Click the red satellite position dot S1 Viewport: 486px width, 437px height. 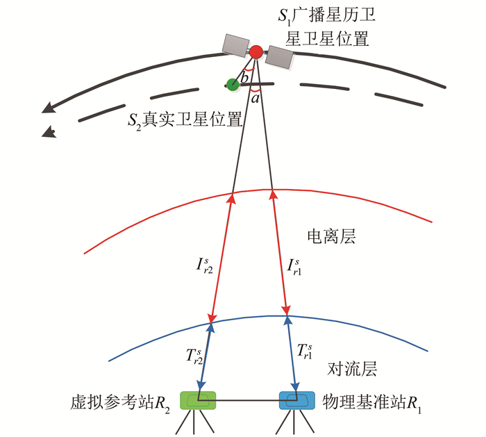(256, 51)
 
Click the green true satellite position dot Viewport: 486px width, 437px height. (233, 84)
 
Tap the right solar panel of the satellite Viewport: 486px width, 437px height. (280, 57)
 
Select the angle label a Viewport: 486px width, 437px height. (255, 99)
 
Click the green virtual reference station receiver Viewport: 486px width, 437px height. (198, 400)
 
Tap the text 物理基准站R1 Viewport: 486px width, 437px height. (372, 402)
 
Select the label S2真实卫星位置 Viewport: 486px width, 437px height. (184, 120)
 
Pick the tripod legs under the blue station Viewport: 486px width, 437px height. (297, 422)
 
